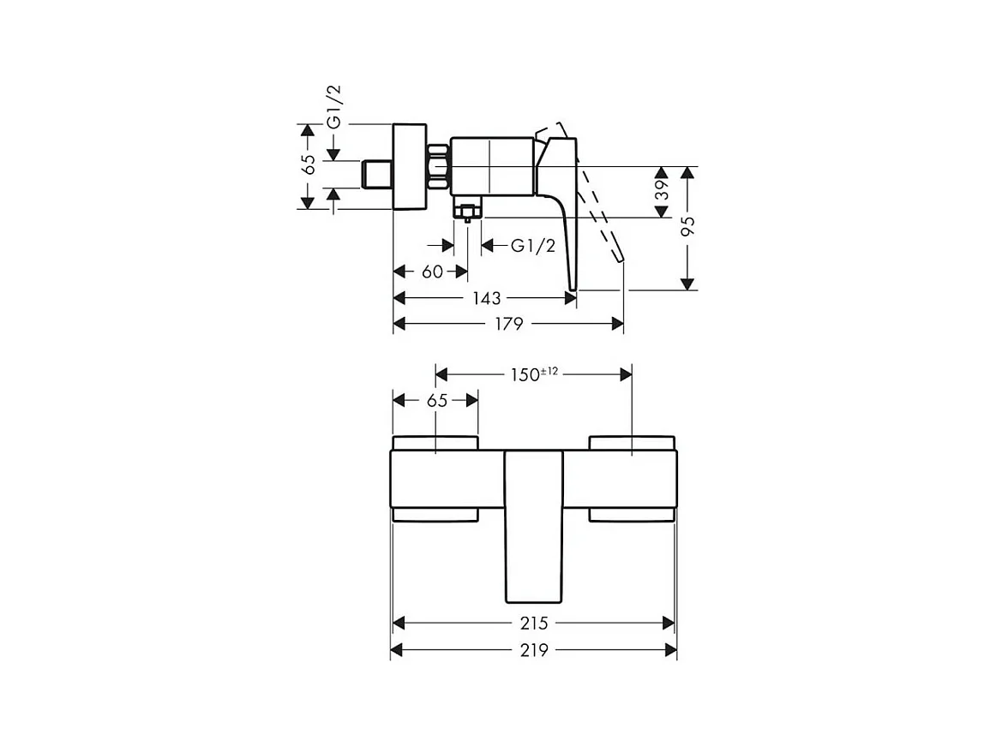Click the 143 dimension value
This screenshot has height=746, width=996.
[x=486, y=298]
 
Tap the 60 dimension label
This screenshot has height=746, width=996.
[x=433, y=272]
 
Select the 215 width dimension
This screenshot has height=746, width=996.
[x=533, y=624]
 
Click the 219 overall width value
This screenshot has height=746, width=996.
[x=533, y=651]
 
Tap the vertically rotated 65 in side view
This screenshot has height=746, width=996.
[x=309, y=164]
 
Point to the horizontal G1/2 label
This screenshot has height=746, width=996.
[x=533, y=247]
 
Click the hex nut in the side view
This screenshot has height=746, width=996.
[x=438, y=166]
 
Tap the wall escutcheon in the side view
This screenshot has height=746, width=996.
[x=409, y=166]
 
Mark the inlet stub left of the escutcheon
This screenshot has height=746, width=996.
[x=376, y=174]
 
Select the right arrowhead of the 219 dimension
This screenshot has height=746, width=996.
[x=670, y=651]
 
